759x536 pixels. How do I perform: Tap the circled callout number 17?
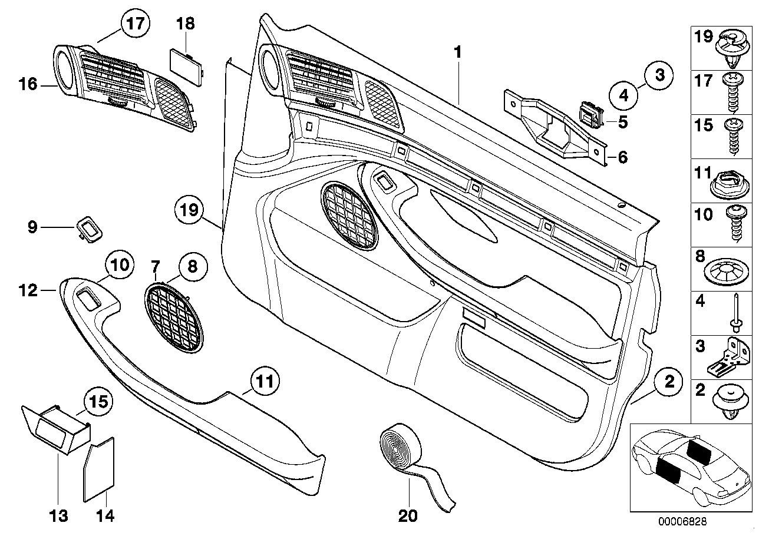point(135,25)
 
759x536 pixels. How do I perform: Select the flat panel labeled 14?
point(100,469)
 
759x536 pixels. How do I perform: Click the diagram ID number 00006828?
point(682,522)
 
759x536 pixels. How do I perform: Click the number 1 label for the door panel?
point(457,52)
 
